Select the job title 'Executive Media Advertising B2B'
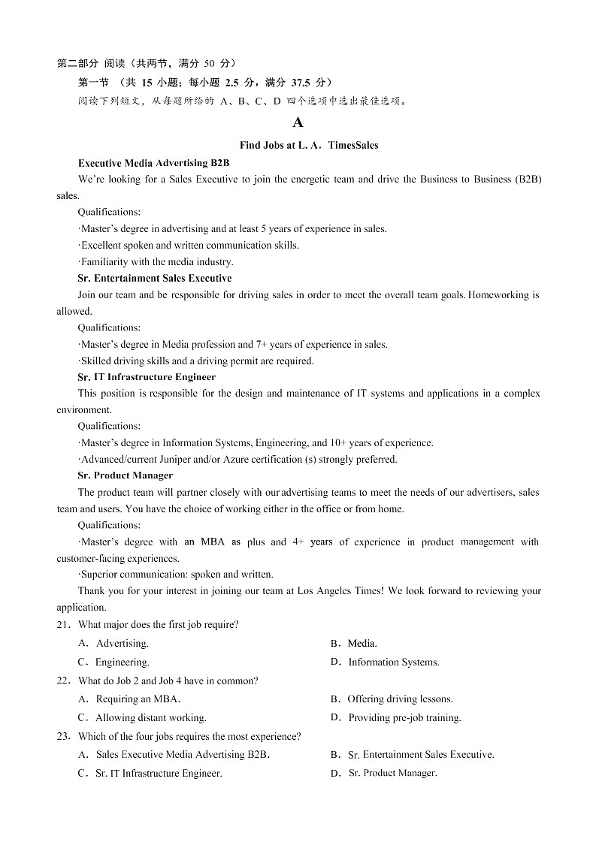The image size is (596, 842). click(153, 162)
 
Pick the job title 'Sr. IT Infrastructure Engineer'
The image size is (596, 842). click(147, 377)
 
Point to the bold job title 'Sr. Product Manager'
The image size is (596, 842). click(125, 475)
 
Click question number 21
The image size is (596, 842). click(63, 625)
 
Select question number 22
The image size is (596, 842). click(63, 681)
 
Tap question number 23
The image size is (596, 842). click(63, 737)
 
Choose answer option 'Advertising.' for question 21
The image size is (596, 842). click(122, 644)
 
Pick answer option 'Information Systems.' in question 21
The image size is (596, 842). click(393, 662)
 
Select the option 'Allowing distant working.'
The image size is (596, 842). click(150, 718)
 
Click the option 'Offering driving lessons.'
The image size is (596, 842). click(400, 699)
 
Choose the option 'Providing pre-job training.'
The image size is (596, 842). click(404, 718)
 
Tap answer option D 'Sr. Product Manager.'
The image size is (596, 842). click(392, 774)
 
